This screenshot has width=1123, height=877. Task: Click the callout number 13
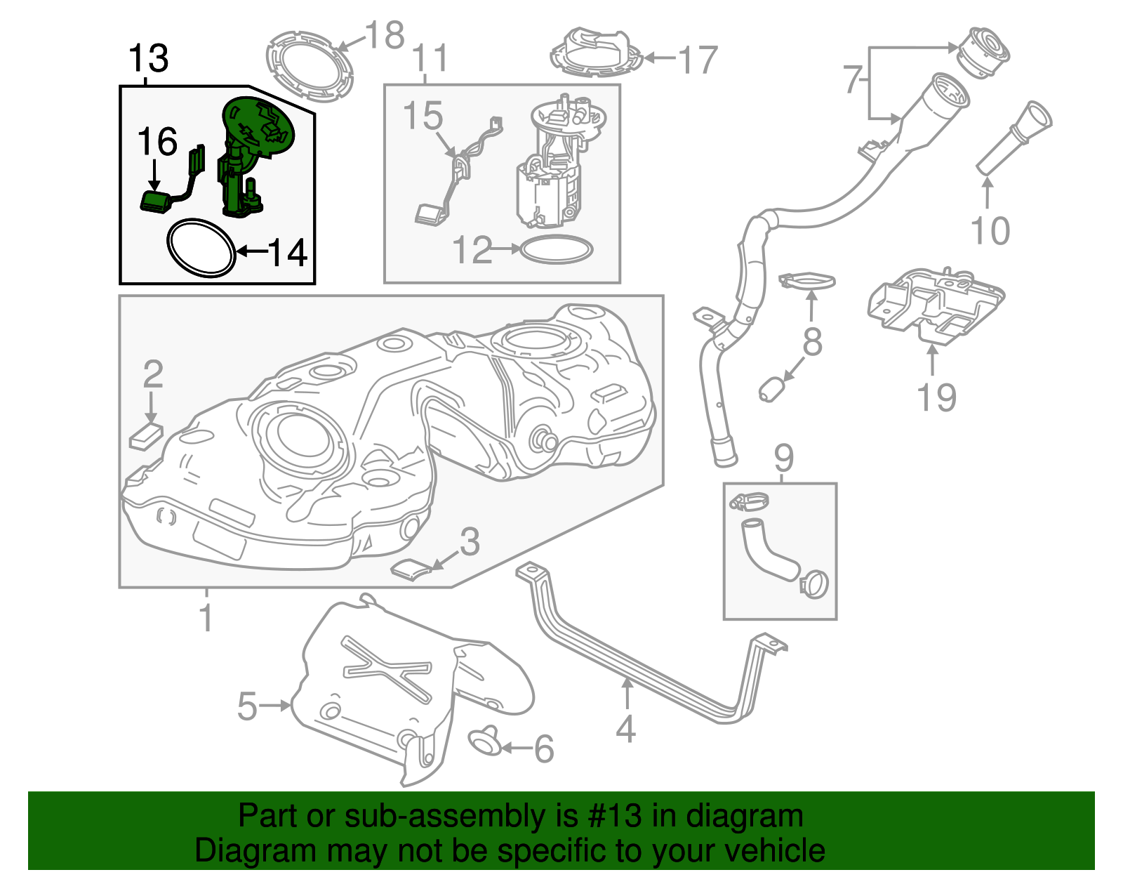[149, 58]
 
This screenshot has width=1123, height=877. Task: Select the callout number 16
[157, 143]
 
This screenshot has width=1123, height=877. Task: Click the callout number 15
[423, 116]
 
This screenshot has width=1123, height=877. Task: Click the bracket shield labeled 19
[936, 306]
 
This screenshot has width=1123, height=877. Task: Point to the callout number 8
[812, 343]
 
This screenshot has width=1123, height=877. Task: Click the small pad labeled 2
[146, 436]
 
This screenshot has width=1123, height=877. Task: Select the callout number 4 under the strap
[625, 729]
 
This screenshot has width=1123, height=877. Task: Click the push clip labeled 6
[484, 741]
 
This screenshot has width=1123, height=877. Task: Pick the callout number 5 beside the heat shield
[247, 706]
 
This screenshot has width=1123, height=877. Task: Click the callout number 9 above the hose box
[783, 458]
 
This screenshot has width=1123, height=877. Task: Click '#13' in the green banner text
[611, 817]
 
